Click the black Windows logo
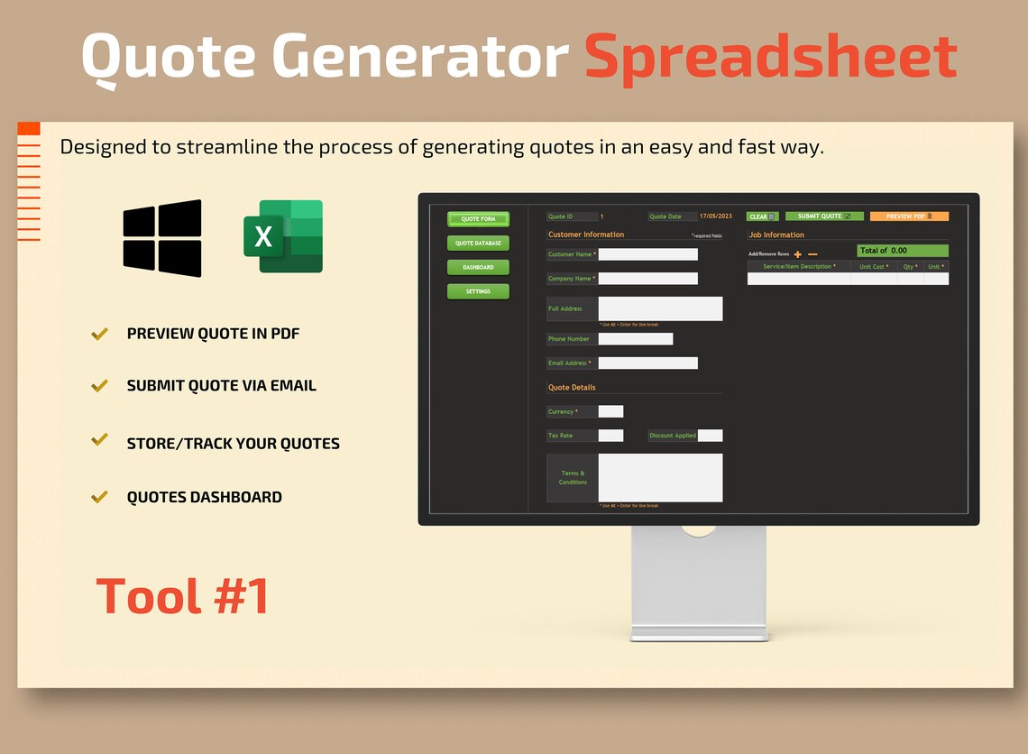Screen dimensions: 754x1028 pyautogui.click(x=162, y=238)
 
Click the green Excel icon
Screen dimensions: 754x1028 pyautogui.click(x=282, y=236)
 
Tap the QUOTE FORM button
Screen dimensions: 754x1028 pyautogui.click(x=478, y=219)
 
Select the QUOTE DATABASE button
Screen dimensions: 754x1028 pyautogui.click(x=478, y=244)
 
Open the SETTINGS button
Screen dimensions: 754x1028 pyautogui.click(x=478, y=291)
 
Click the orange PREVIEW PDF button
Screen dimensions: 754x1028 pyautogui.click(x=909, y=216)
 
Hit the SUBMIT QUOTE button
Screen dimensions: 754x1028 pyautogui.click(x=824, y=216)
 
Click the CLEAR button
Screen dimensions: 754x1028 pyautogui.click(x=762, y=216)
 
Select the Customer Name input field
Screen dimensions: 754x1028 pyautogui.click(x=647, y=254)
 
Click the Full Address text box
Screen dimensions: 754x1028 pyautogui.click(x=660, y=308)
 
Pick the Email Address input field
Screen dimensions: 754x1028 pyautogui.click(x=647, y=363)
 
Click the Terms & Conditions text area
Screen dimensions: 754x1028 pyautogui.click(x=660, y=477)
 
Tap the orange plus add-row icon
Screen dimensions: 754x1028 pyautogui.click(x=798, y=254)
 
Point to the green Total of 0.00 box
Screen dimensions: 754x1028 pyautogui.click(x=902, y=250)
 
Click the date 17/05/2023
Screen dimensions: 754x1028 pyautogui.click(x=716, y=216)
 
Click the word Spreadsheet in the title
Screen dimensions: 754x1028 pyautogui.click(x=770, y=56)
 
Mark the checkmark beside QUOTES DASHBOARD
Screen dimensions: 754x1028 pyautogui.click(x=100, y=497)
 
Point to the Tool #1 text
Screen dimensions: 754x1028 pyautogui.click(x=183, y=596)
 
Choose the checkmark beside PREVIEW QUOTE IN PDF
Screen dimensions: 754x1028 pyautogui.click(x=100, y=334)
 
